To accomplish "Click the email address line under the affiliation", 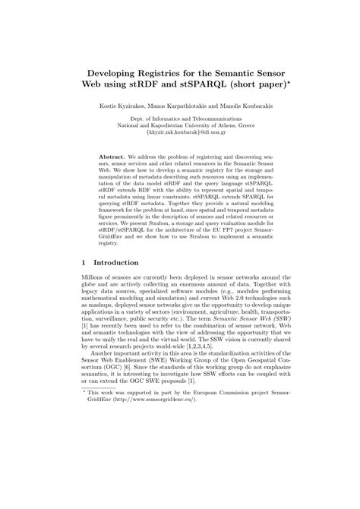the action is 179,132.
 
